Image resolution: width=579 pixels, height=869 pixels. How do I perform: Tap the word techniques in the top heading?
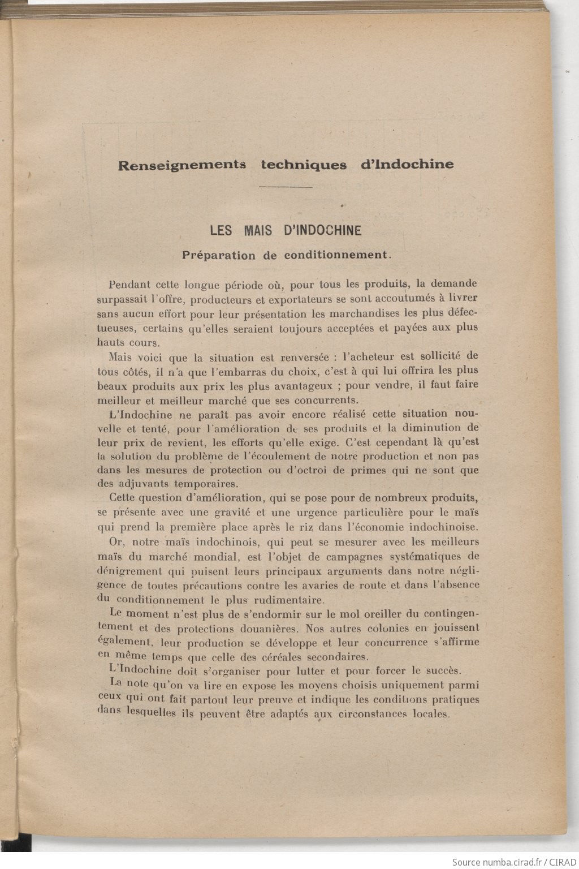click(304, 165)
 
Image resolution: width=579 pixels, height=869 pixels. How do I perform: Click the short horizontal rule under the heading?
click(286, 187)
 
